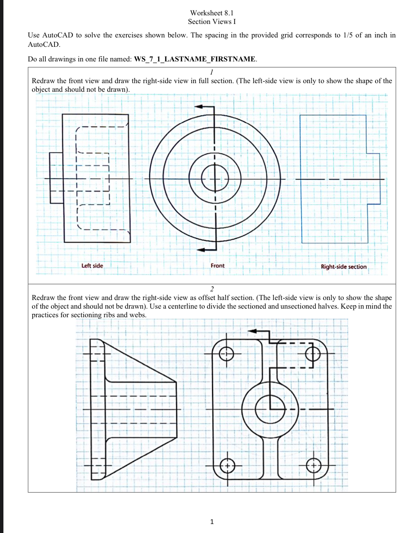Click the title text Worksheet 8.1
pos(212,13)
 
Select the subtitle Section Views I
pos(212,22)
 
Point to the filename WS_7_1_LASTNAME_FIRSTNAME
pos(195,59)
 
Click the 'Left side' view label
pos(92,266)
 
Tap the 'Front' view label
pos(218,266)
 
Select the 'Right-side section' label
pos(343,267)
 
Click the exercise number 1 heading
pos(212,72)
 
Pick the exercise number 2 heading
pos(212,289)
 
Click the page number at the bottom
pos(212,521)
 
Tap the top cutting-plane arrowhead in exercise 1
pos(199,107)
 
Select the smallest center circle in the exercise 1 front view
pos(215,178)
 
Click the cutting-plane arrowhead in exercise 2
pos(252,331)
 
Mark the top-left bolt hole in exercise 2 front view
pos(227,353)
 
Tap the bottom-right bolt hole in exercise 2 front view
pos(314,466)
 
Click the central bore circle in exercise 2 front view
pos(270,409)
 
